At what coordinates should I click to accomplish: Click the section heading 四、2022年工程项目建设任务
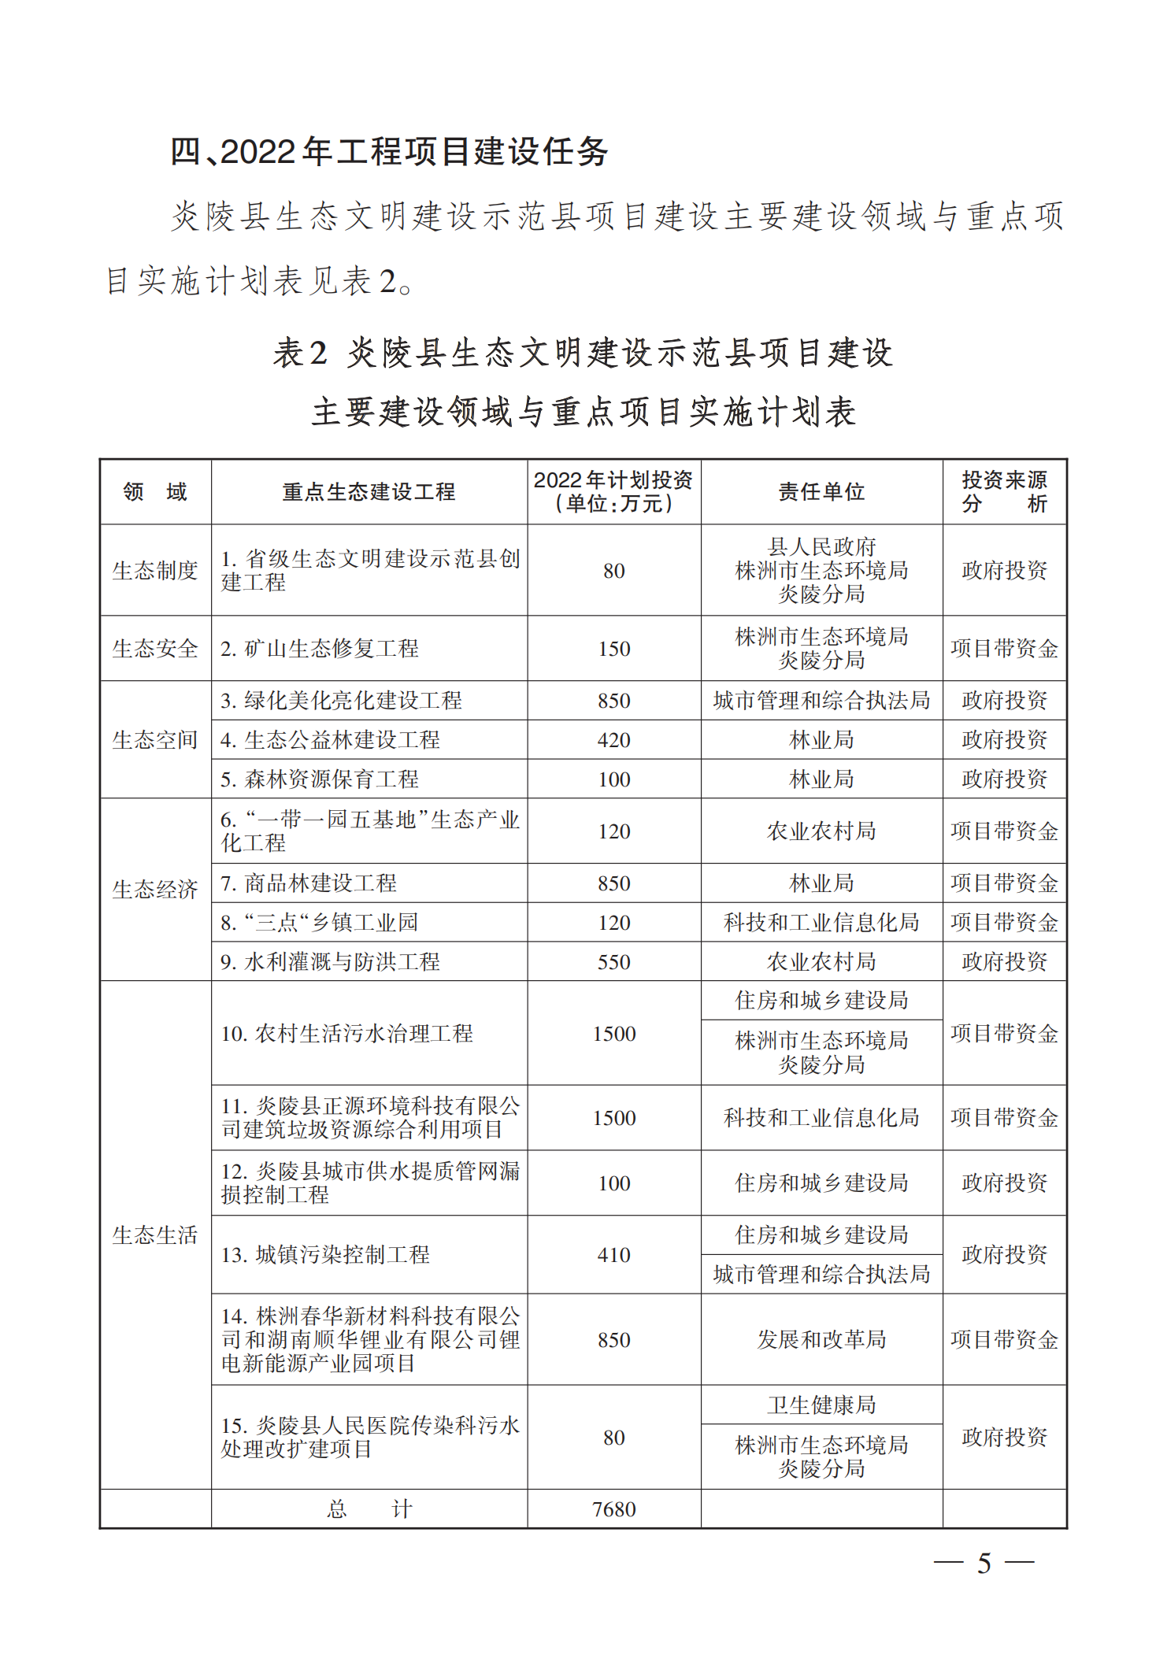coord(389,152)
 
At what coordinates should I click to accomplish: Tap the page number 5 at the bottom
coord(984,1564)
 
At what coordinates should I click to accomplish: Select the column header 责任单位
coord(821,492)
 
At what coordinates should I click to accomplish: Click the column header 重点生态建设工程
coord(369,492)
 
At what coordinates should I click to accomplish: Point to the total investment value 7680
coord(613,1509)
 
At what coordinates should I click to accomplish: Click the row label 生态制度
coord(155,570)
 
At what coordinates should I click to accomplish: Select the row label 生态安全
coord(155,649)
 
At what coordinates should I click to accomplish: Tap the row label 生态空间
coord(155,740)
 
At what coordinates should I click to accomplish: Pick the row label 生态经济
coord(155,890)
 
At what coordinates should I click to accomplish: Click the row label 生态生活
coord(155,1234)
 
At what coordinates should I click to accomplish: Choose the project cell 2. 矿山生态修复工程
coord(320,649)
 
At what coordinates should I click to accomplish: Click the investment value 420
coord(613,740)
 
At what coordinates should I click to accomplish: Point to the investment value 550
coord(613,962)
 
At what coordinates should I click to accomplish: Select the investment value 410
coord(613,1255)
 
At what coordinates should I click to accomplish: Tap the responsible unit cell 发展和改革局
coord(821,1339)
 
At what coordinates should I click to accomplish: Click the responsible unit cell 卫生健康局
coord(821,1405)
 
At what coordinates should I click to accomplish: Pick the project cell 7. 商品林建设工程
coord(309,883)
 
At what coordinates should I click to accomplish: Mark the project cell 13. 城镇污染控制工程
coord(325,1255)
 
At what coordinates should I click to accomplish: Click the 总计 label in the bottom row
coord(369,1509)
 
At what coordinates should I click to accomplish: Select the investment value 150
coord(613,649)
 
